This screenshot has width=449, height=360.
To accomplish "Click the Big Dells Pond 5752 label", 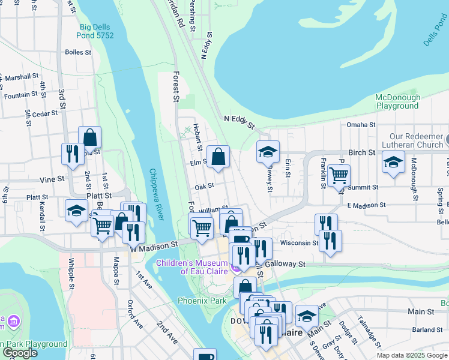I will (x=96, y=31).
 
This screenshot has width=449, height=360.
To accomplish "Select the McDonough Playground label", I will (x=397, y=101).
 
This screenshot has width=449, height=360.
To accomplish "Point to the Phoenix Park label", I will (x=202, y=300).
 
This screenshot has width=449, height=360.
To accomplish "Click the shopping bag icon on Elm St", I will (x=218, y=157).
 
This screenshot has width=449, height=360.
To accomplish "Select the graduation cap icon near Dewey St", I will (x=268, y=152).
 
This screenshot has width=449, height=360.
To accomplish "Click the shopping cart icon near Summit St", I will (x=339, y=175).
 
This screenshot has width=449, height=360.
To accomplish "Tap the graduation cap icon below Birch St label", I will (x=393, y=162).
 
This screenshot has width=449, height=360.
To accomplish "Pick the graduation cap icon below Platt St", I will (x=76, y=210).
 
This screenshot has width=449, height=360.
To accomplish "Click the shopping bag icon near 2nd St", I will (x=90, y=137).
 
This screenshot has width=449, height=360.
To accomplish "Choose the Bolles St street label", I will (x=78, y=52).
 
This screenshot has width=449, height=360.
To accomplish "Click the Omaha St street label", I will (x=361, y=125).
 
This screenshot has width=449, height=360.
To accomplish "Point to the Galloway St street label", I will (x=286, y=263).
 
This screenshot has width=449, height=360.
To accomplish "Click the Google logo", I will (x=19, y=353).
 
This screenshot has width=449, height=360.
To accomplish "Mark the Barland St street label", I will (x=427, y=329).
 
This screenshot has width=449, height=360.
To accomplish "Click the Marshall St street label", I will (x=21, y=77).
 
